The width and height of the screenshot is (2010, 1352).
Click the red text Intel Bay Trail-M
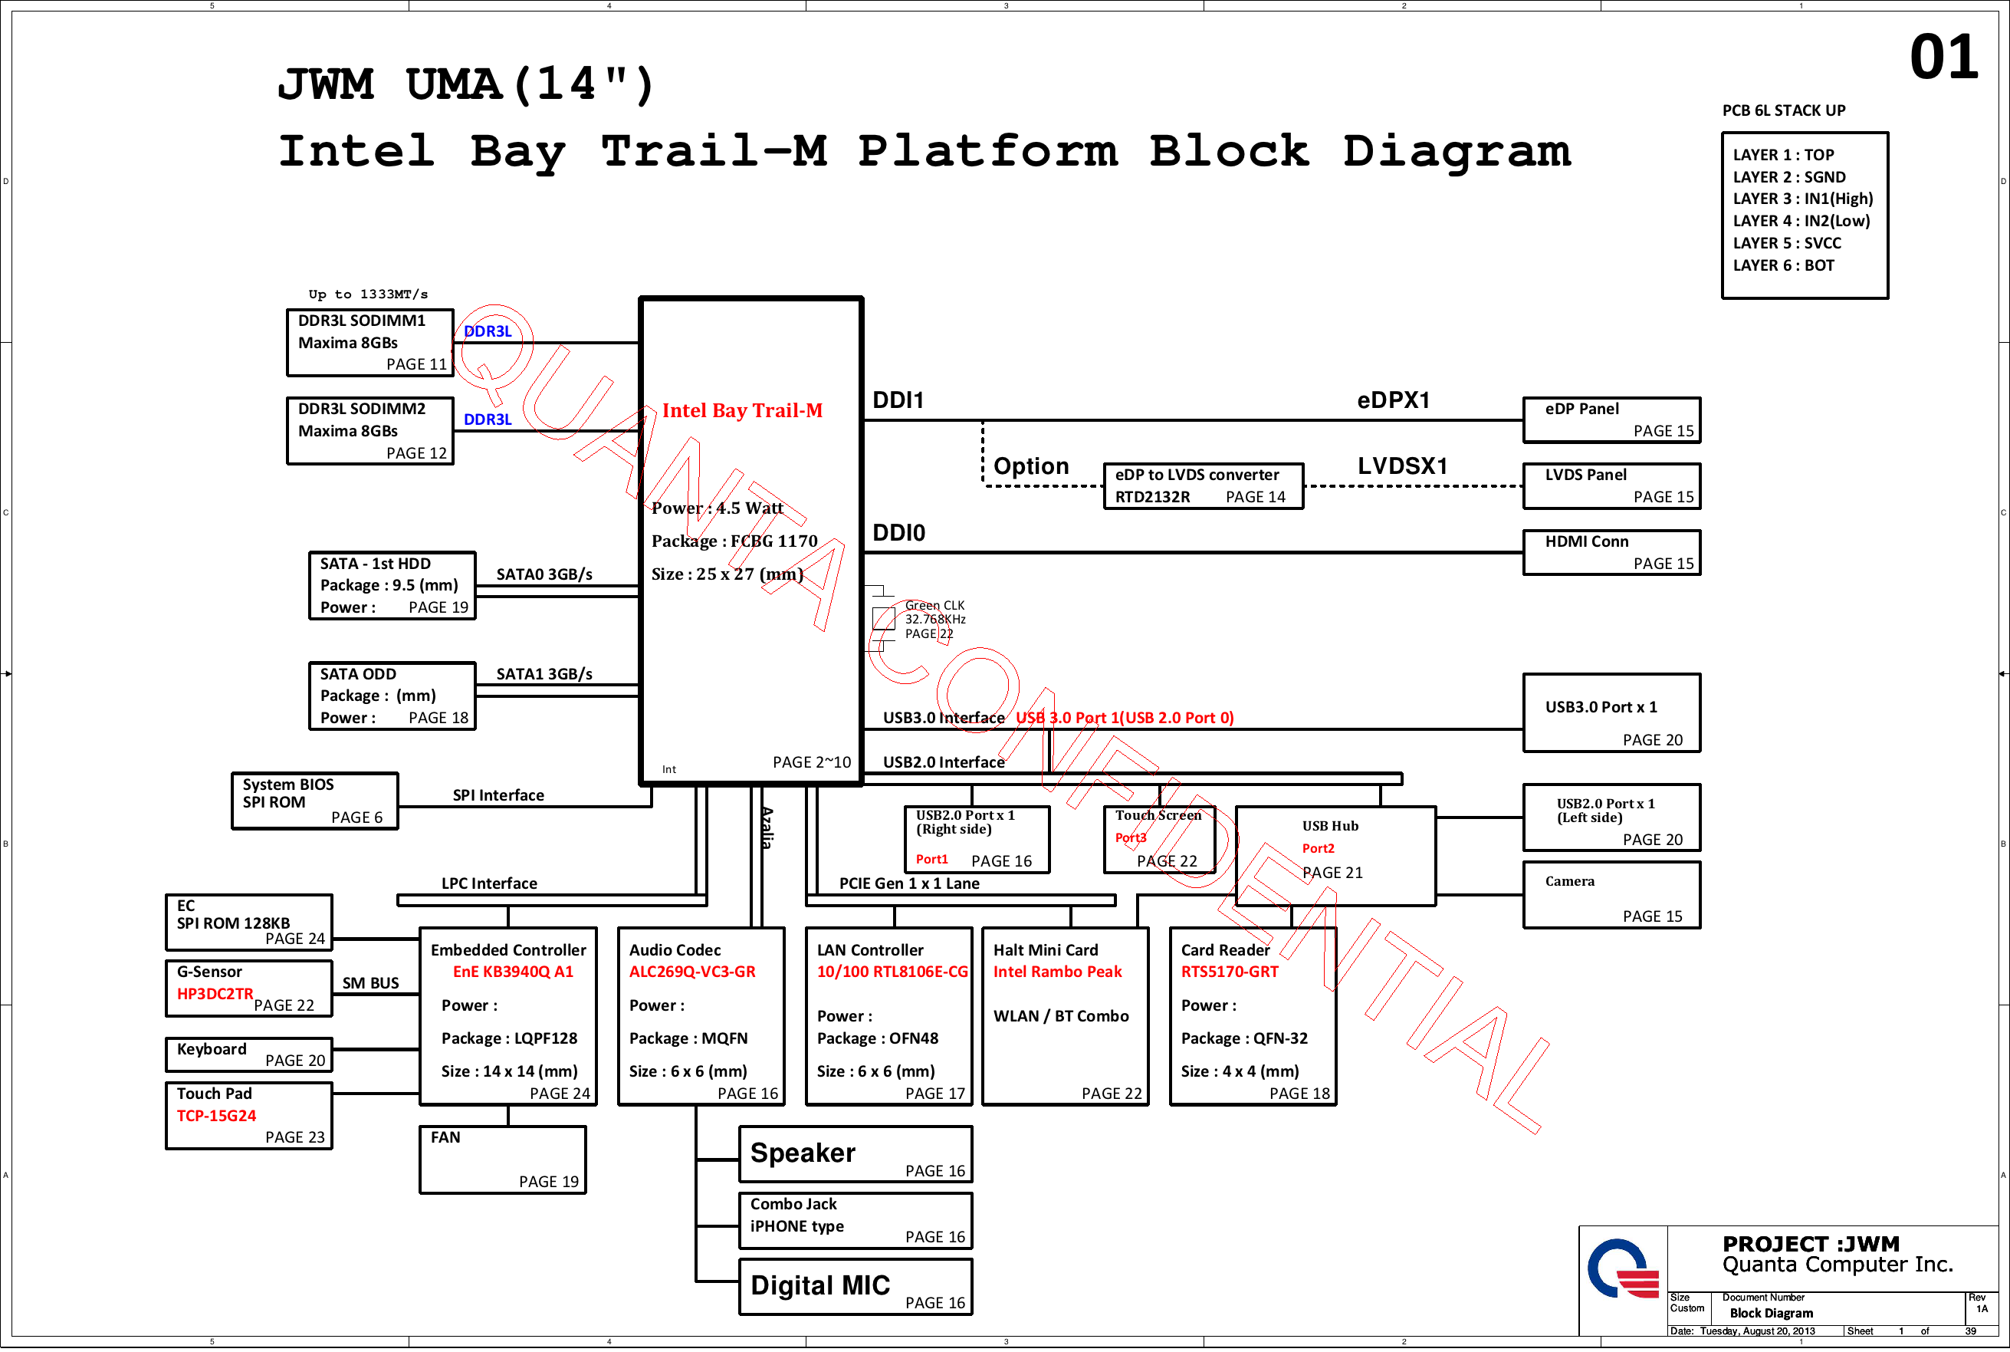[742, 410]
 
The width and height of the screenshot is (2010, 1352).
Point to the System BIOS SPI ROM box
[314, 801]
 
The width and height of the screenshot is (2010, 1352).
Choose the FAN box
[503, 1160]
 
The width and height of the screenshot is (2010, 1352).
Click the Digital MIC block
[855, 1287]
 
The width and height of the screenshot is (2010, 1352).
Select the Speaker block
[855, 1153]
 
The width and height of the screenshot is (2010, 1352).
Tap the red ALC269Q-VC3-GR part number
[692, 972]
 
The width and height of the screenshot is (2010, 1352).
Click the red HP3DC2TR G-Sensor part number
[215, 994]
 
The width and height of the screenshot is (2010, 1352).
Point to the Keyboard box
[248, 1054]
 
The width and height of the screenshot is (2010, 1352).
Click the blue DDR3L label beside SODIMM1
[487, 331]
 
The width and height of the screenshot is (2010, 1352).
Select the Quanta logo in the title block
[1623, 1268]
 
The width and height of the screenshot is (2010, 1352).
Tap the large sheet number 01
[1943, 58]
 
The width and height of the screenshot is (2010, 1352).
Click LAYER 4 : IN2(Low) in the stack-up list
[1801, 221]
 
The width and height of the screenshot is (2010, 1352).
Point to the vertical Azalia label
[767, 827]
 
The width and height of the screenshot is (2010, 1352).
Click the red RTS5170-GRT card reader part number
[1229, 972]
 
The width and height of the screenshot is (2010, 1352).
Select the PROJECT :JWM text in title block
[1810, 1243]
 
